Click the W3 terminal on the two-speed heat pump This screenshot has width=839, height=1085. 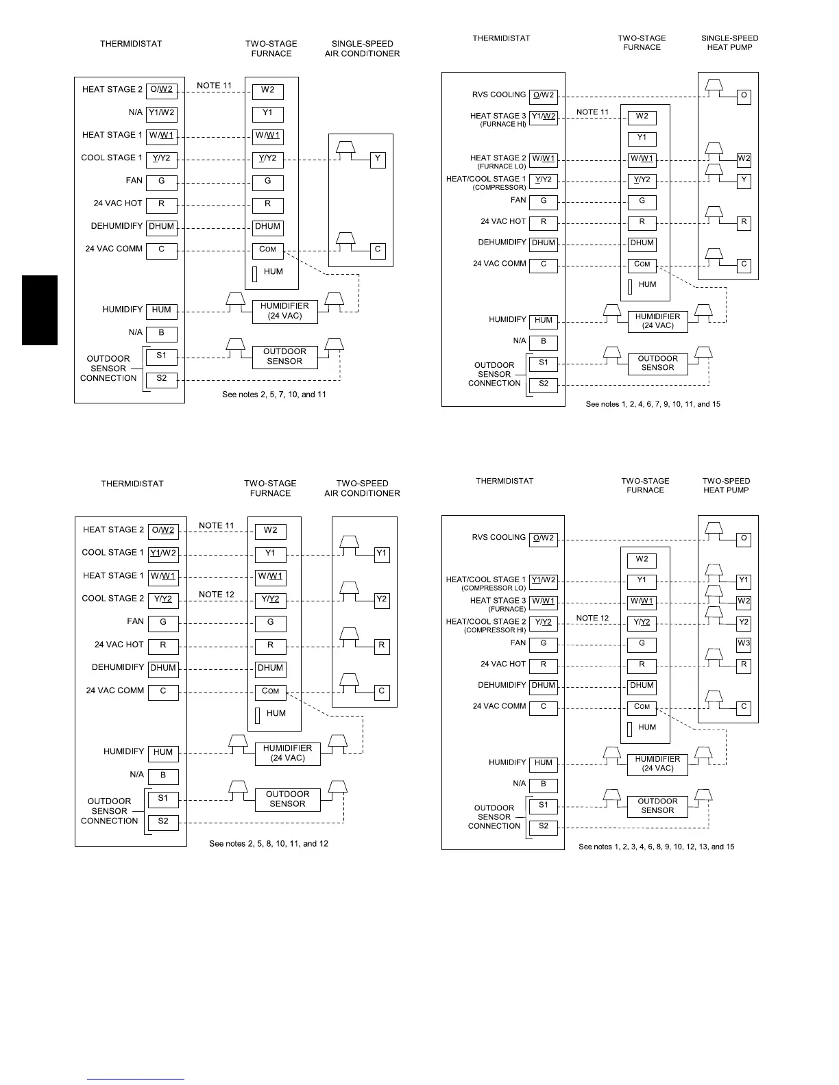pyautogui.click(x=744, y=644)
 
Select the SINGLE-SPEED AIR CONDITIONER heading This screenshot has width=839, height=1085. pyautogui.click(x=362, y=49)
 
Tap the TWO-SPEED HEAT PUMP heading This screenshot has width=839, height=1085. pyautogui.click(x=726, y=486)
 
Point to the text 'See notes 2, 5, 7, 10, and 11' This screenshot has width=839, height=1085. pyautogui.click(x=274, y=395)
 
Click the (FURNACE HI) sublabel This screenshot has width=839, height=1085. pyautogui.click(x=502, y=125)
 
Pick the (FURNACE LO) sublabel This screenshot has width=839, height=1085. pyautogui.click(x=502, y=166)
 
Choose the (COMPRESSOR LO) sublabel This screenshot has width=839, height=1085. pyautogui.click(x=494, y=588)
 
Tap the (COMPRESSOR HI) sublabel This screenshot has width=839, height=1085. pyautogui.click(x=494, y=630)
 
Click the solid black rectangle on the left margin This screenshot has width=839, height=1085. pyautogui.click(x=40, y=310)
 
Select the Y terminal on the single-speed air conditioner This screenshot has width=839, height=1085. pyautogui.click(x=378, y=160)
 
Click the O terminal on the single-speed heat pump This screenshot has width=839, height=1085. pyautogui.click(x=744, y=97)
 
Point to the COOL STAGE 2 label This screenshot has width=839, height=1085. pyautogui.click(x=113, y=599)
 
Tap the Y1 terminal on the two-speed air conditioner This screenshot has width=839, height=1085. pyautogui.click(x=382, y=554)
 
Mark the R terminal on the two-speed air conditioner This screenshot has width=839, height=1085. pyautogui.click(x=382, y=646)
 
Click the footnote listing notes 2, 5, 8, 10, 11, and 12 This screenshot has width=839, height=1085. pyautogui.click(x=269, y=844)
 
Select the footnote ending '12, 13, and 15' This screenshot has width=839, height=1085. pyautogui.click(x=656, y=847)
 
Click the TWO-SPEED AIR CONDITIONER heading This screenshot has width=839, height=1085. pyautogui.click(x=362, y=488)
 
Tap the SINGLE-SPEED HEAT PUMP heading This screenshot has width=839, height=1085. pyautogui.click(x=729, y=43)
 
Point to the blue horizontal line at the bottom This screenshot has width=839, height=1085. pyautogui.click(x=136, y=1080)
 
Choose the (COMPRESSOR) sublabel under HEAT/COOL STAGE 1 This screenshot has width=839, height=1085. pyautogui.click(x=499, y=188)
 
